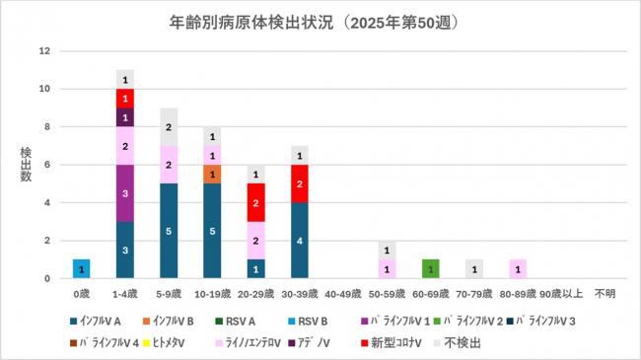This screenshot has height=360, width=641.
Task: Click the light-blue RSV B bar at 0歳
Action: coord(82,268)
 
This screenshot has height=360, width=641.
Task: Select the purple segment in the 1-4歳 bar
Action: coord(125,192)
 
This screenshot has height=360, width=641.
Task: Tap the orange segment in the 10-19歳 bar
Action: coord(213,174)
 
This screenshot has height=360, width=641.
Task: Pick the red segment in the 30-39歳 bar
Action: coord(301,183)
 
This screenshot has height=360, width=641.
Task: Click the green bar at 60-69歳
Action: coord(430,268)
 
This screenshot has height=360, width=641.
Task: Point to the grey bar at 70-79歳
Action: coord(474,268)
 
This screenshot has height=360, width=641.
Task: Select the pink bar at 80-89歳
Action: coord(518,268)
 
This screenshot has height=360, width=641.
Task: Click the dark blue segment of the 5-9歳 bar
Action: coord(169,231)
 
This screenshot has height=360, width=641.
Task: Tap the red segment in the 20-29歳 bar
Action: coord(256,202)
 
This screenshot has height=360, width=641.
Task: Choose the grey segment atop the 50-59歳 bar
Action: coord(387,250)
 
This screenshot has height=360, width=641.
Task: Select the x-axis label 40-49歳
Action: coord(343,293)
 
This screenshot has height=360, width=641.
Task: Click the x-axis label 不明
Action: coord(605,293)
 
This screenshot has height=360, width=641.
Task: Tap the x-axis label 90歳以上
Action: coord(561,293)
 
